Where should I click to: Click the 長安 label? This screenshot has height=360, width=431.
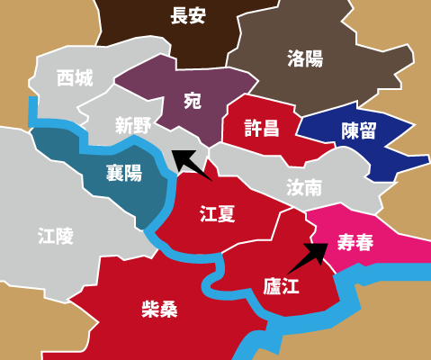click(189, 15)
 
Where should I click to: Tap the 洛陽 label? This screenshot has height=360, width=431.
click(305, 59)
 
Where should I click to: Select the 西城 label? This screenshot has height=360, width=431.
click(74, 78)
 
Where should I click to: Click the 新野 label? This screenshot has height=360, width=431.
click(132, 125)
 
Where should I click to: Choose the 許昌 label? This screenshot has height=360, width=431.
click(262, 128)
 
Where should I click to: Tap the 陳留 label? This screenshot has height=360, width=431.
click(358, 130)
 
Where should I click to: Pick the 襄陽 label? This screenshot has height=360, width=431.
click(123, 173)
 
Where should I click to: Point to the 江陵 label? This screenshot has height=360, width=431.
click(56, 236)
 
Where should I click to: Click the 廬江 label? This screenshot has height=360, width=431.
click(280, 286)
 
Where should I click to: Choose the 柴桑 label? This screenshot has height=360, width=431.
click(159, 310)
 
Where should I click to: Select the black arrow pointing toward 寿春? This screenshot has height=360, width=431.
click(306, 256)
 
